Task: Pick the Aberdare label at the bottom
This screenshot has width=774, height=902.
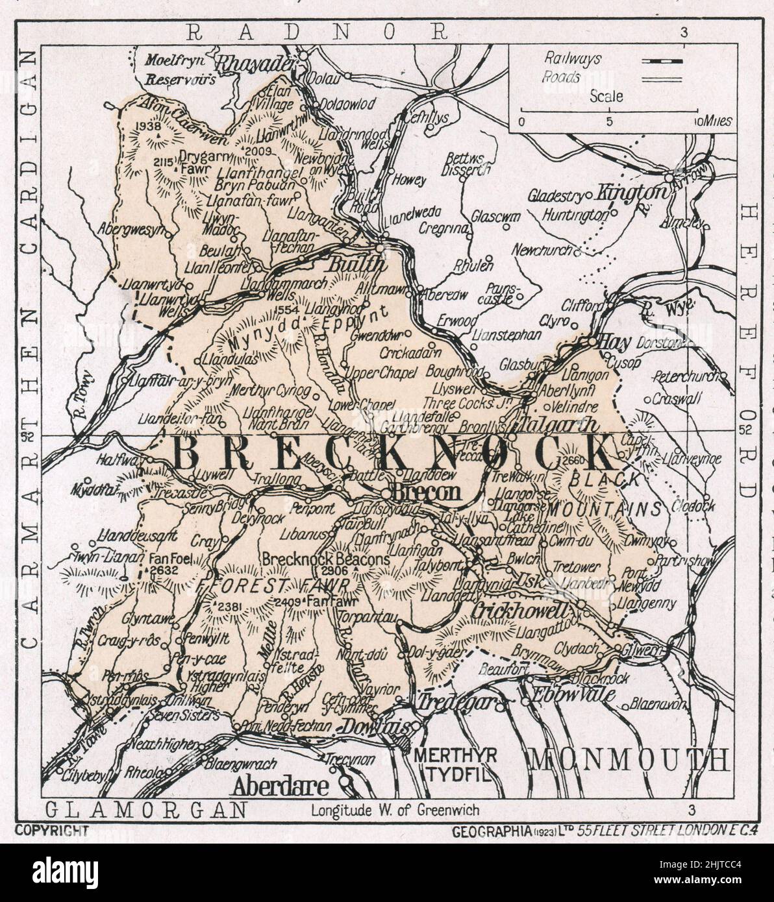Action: point(281,786)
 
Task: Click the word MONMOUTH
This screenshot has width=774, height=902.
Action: point(629,759)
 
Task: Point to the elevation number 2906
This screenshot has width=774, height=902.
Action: point(338,570)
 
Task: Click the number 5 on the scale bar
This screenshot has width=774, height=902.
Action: point(608,121)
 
